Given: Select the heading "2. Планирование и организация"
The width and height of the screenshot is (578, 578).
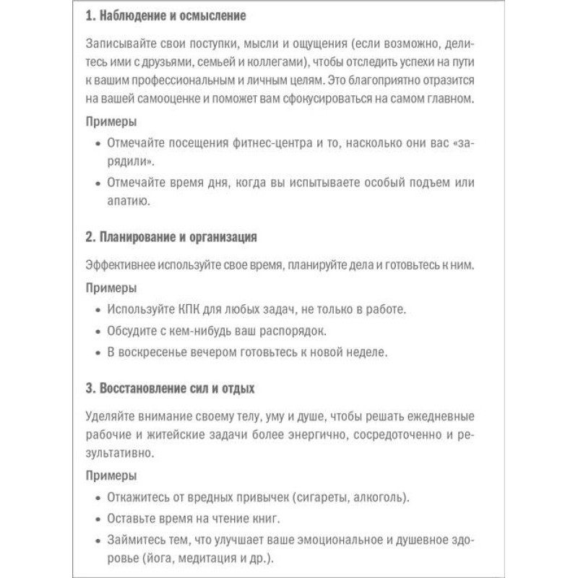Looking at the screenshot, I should (x=172, y=237).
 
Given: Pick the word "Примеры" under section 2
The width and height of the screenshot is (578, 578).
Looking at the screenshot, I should (x=111, y=288).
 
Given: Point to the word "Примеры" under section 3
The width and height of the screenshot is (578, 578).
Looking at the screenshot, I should (x=111, y=477).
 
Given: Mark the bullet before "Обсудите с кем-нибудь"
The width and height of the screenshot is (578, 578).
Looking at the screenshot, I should (x=98, y=332).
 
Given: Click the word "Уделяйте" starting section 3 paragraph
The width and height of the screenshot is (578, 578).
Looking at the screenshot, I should (x=111, y=418).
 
